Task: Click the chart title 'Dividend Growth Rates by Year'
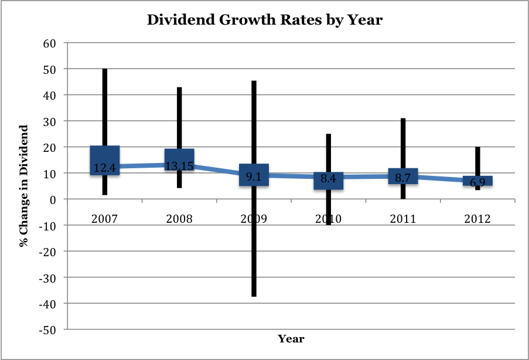click(x=264, y=20)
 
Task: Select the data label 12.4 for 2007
click(x=105, y=168)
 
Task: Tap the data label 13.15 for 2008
click(x=179, y=165)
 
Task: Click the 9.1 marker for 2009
click(x=254, y=175)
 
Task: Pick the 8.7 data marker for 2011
click(x=402, y=176)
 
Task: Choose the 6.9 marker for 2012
click(x=477, y=181)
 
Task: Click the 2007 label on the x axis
click(x=105, y=219)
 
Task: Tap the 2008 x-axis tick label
click(x=179, y=219)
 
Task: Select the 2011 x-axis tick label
click(x=402, y=219)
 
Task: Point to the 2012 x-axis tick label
click(x=477, y=219)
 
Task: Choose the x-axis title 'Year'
click(x=291, y=339)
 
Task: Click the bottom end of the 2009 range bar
click(x=254, y=296)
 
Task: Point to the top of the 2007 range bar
click(x=105, y=70)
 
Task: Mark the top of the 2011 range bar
click(x=402, y=119)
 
